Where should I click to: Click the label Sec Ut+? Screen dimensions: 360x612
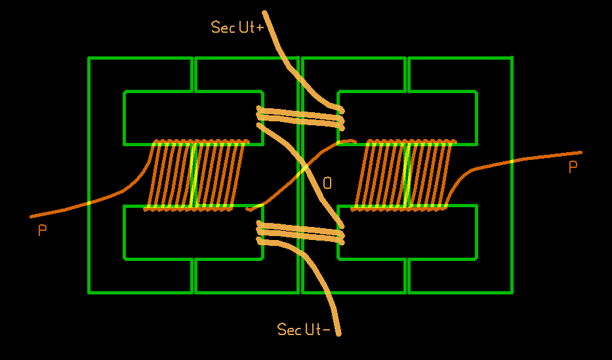(x=237, y=27)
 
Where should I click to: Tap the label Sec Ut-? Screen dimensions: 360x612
(x=304, y=329)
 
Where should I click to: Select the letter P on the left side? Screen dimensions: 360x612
(x=43, y=230)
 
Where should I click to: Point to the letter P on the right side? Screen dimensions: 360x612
(x=573, y=168)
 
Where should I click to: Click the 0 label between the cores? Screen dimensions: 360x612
(x=327, y=183)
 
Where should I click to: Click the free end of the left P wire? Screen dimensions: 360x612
(x=31, y=216)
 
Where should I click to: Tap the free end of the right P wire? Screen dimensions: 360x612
(x=580, y=153)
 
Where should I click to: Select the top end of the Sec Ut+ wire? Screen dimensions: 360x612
(x=264, y=12)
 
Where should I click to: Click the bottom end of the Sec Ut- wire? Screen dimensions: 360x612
(x=338, y=335)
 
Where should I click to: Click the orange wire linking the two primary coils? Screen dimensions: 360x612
(x=298, y=172)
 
